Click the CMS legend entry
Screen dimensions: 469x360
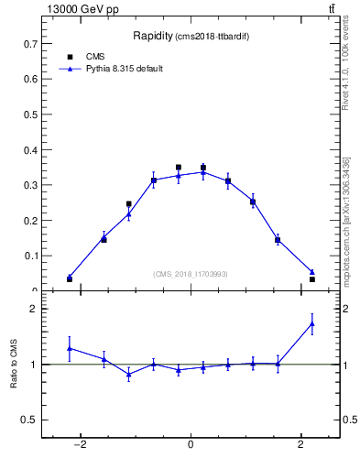(82, 57)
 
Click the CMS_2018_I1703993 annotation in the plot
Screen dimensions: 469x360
(191, 273)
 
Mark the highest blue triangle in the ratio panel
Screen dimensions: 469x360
(312, 323)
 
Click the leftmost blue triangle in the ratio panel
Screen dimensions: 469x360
(70, 348)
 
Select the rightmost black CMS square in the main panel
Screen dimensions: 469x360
(312, 278)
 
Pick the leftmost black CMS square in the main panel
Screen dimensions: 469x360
(70, 278)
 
